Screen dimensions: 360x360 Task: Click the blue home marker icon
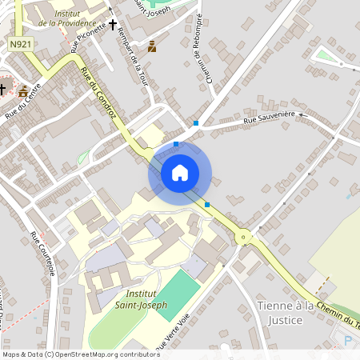click(x=180, y=173)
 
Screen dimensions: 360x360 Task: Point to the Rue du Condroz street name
click(x=98, y=94)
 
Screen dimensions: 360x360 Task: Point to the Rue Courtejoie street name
click(x=43, y=254)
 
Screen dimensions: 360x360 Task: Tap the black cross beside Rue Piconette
click(x=113, y=25)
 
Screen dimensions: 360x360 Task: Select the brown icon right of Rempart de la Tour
click(x=152, y=46)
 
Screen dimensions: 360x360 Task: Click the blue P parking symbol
click(x=348, y=340)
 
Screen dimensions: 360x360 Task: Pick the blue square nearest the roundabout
click(x=207, y=205)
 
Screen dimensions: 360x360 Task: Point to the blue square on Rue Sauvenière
click(x=196, y=123)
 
